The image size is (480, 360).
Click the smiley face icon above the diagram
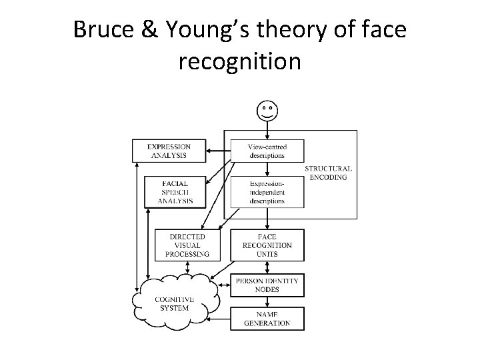pos(267,109)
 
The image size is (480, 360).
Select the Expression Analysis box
pos(169,151)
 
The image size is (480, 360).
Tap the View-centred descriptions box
pos(267,151)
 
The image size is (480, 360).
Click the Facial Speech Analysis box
pos(177,191)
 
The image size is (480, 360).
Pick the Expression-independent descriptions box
pos(267,191)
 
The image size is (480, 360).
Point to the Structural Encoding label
pos(329,173)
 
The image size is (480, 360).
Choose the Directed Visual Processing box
pos(189,245)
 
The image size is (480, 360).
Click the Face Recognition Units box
pos(267,245)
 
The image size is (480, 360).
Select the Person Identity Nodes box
pos(267,285)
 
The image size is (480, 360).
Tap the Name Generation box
pos(267,318)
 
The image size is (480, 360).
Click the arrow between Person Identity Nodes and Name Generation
pos(267,302)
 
